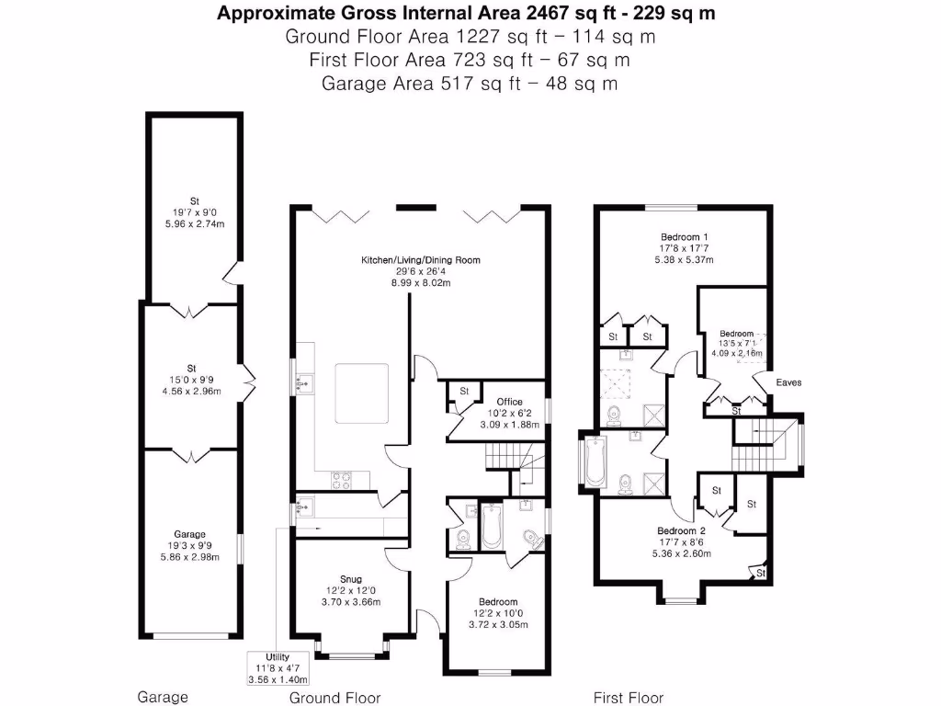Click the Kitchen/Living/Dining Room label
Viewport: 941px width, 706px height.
pos(420,260)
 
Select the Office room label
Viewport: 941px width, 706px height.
pos(509,402)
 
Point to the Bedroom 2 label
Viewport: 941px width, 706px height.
pos(681,530)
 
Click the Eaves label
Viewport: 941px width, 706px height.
pos(788,382)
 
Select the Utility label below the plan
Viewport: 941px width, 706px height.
pos(277,657)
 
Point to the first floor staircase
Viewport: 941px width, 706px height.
pos(761,444)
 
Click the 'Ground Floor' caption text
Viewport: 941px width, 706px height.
pos(334,697)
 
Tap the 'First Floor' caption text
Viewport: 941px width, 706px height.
pos(628,697)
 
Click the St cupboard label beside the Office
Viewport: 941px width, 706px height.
pos(464,392)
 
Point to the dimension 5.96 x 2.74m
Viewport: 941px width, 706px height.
pos(194,223)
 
